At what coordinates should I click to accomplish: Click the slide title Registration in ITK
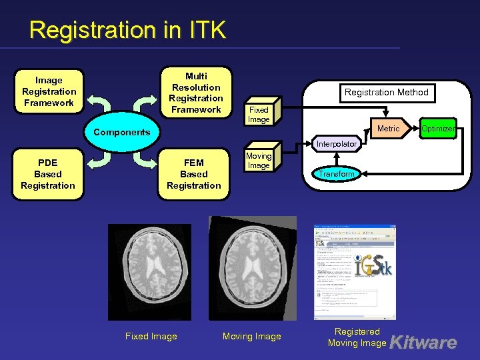[128, 30]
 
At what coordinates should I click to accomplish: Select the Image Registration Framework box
[49, 91]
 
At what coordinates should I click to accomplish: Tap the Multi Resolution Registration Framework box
[196, 93]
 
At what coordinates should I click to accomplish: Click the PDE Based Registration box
[48, 174]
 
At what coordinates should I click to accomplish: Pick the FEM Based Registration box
[194, 174]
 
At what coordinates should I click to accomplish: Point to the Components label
[122, 132]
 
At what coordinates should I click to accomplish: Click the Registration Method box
[386, 92]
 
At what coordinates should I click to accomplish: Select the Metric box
[389, 128]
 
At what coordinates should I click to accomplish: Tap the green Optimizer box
[438, 128]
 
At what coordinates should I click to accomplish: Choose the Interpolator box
[337, 144]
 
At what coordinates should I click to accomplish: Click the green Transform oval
[336, 174]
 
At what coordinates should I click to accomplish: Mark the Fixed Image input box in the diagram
[259, 115]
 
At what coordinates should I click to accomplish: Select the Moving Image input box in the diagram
[259, 161]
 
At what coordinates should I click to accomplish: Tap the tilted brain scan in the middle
[253, 267]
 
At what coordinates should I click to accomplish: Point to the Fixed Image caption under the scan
[151, 337]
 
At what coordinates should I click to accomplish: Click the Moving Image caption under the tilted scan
[252, 337]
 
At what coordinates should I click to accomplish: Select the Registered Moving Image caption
[357, 337]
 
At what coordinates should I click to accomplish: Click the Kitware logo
[423, 343]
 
